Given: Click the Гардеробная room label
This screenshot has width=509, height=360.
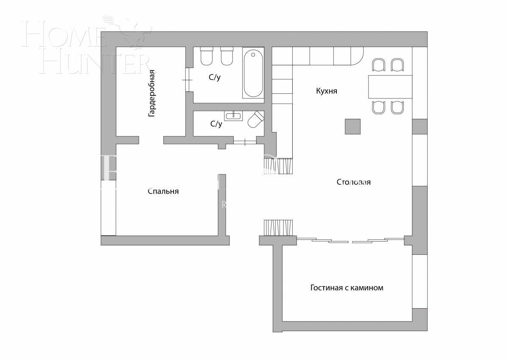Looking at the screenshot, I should pos(151,93).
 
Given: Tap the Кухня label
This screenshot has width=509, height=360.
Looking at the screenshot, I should pos(327,91).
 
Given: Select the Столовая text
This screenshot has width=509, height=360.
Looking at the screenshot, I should pos(353,182).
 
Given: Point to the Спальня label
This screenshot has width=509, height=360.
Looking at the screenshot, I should pos(163,191).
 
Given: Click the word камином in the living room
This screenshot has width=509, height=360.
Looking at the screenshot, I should pos(367,288).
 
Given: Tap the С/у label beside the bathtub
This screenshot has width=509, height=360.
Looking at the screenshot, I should pos(214,77).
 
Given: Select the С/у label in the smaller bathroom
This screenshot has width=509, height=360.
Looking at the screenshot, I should pos(216,124).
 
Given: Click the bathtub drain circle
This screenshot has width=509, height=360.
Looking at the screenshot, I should pos(253,54).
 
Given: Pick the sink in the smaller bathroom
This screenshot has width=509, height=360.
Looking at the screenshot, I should pos(233,115).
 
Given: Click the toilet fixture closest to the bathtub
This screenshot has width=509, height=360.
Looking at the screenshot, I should pos(227,56).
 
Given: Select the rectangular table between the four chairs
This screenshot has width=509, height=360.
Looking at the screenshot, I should pos(390,87).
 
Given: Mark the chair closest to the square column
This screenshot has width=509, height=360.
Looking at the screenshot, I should pos(378,107).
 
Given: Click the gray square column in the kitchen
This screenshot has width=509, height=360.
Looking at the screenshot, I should pos(352,127).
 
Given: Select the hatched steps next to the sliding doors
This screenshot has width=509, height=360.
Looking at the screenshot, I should pos(278,228).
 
